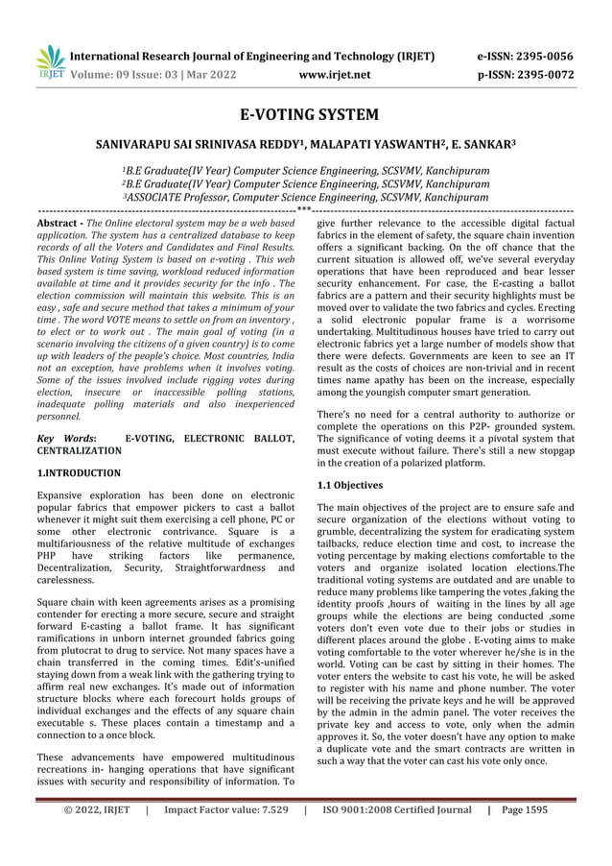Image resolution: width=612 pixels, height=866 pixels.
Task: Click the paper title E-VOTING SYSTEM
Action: click(x=306, y=116)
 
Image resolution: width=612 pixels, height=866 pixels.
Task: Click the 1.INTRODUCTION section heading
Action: click(x=79, y=473)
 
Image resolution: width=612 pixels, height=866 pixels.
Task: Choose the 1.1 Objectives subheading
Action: click(x=350, y=485)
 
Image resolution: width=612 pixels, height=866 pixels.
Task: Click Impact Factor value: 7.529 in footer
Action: click(x=226, y=810)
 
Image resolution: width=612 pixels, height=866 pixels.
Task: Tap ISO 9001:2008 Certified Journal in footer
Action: click(x=396, y=810)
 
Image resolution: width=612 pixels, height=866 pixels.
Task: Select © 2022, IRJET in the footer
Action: click(x=96, y=810)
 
